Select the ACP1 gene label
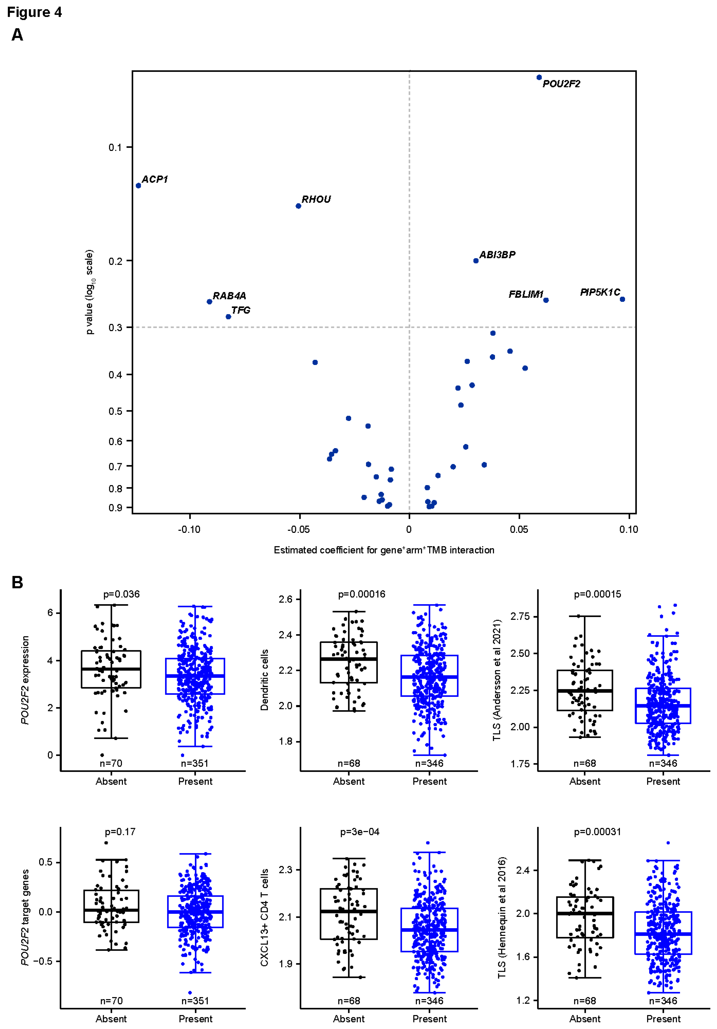155,179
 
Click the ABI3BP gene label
497,254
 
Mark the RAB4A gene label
229,296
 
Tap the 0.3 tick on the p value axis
115,328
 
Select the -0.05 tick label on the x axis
299,529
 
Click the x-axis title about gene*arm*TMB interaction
384,550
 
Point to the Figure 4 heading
34,12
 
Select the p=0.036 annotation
122,594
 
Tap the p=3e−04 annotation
360,832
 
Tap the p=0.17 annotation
120,832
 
